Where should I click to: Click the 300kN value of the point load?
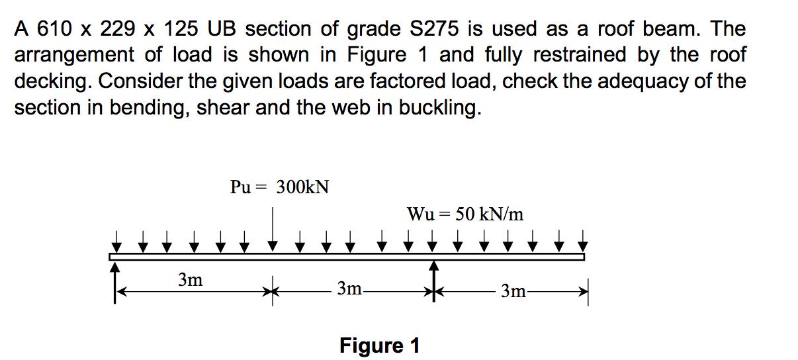(x=303, y=187)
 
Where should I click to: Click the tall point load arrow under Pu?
(x=273, y=229)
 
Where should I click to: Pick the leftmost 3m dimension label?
(x=191, y=280)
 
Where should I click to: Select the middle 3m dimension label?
(x=349, y=289)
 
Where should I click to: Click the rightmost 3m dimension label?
(x=513, y=291)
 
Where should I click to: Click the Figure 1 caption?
(x=379, y=345)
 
